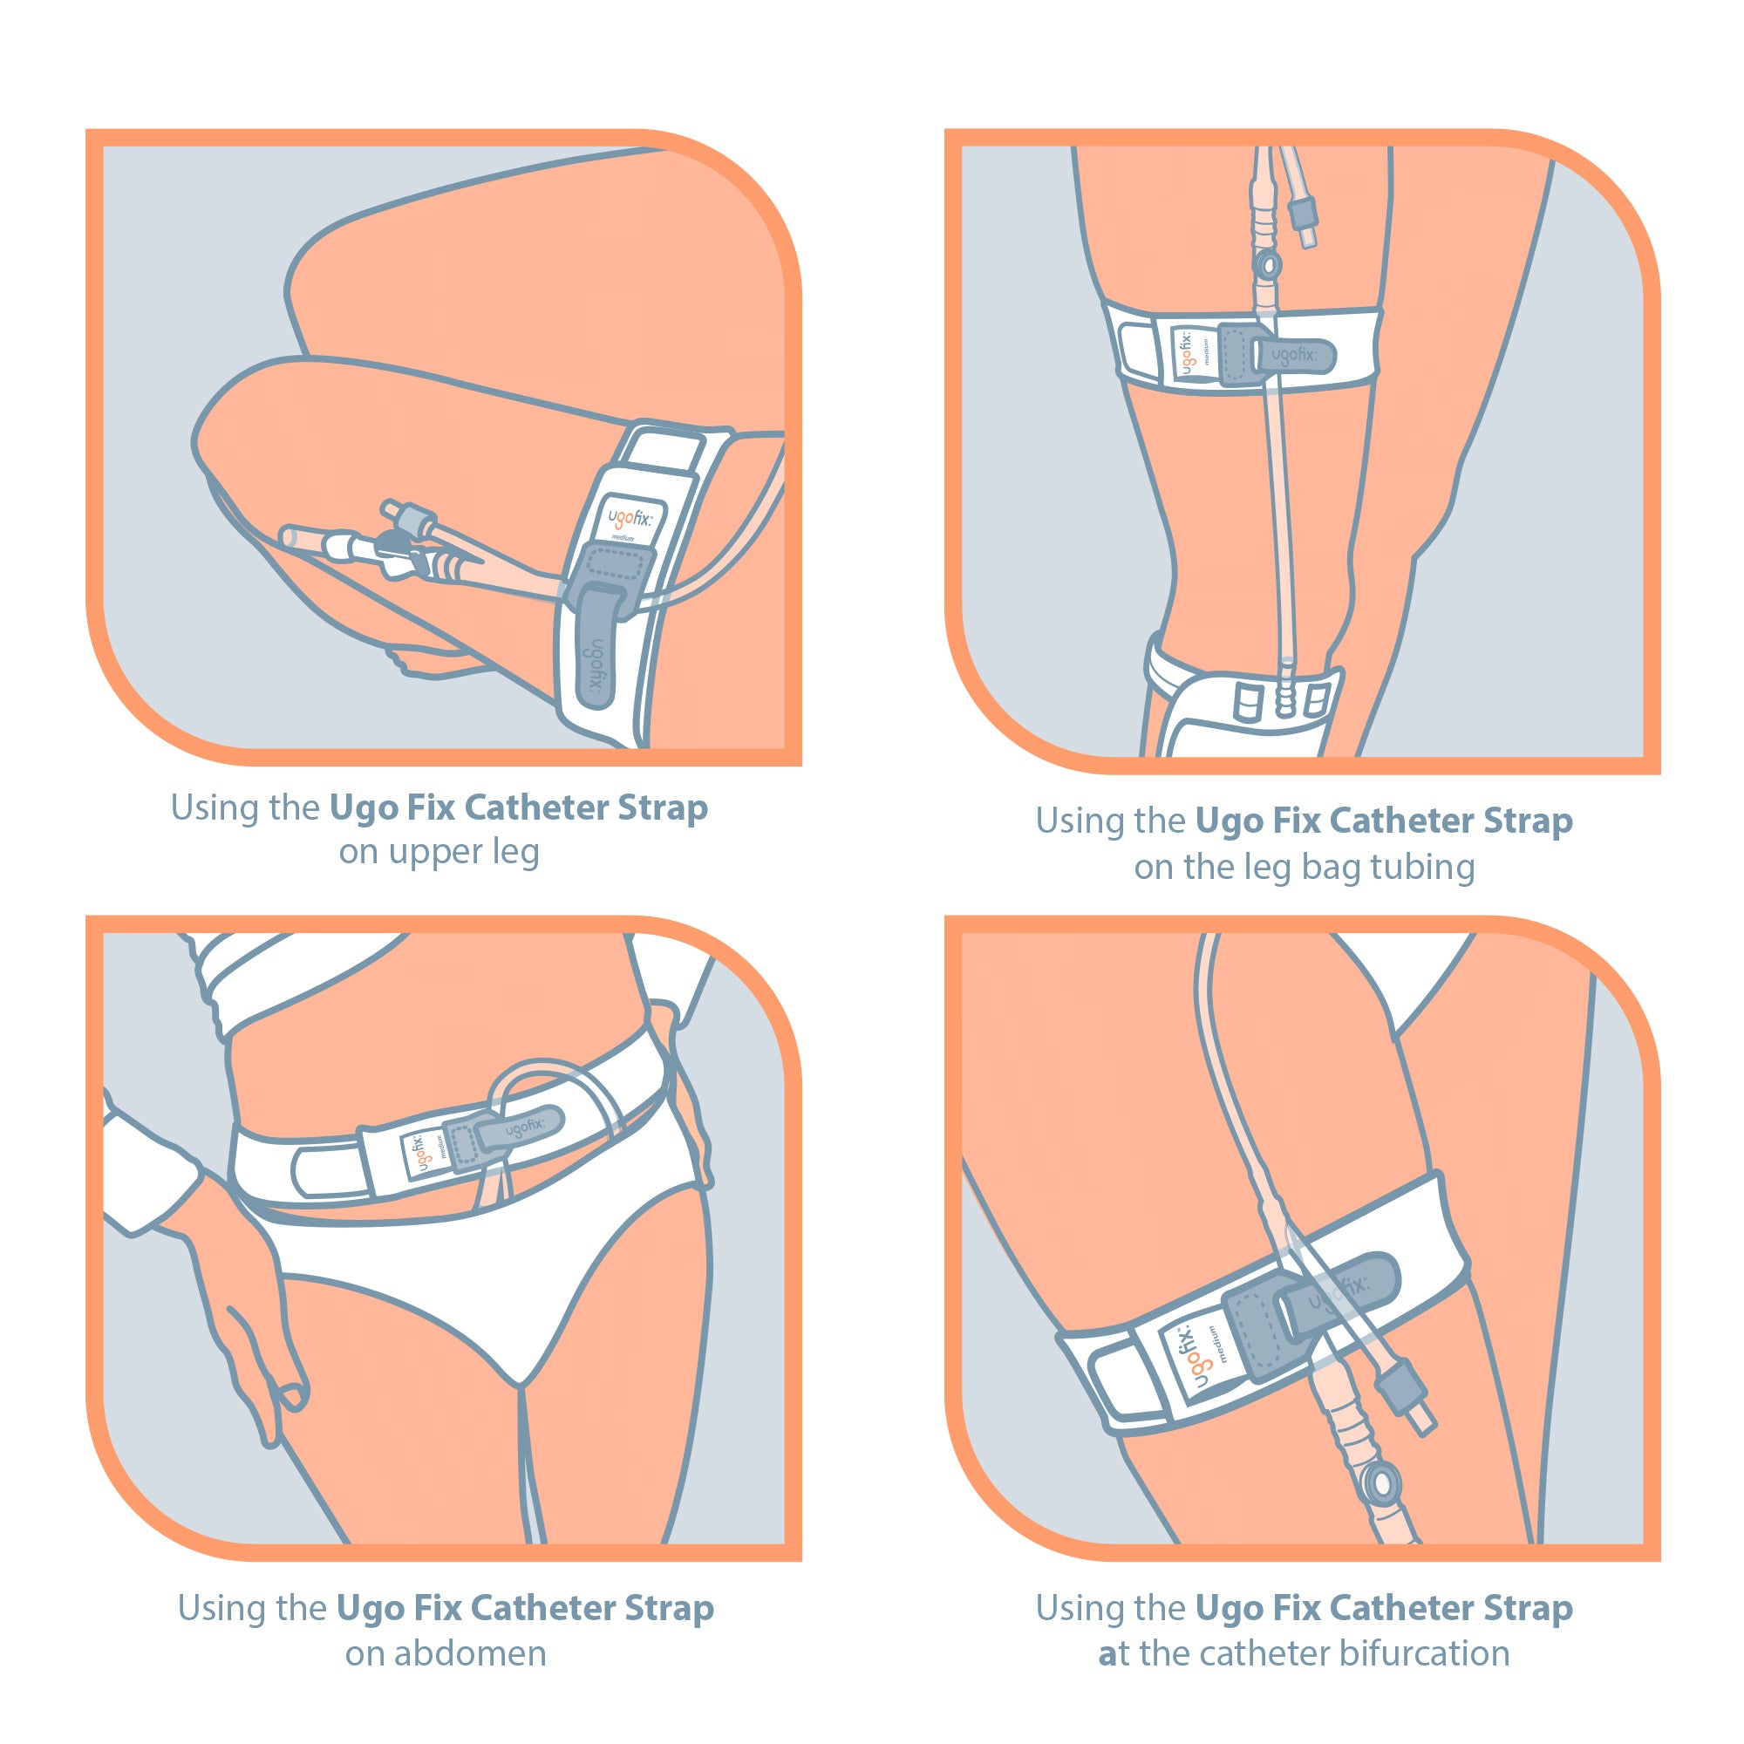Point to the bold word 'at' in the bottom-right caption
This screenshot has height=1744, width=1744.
point(1113,1653)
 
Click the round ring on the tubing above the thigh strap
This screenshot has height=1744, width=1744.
point(1267,265)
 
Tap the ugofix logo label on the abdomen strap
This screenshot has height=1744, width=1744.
point(420,1155)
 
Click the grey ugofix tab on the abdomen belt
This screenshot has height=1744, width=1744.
point(521,1127)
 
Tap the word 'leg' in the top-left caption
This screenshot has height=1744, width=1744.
point(516,853)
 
